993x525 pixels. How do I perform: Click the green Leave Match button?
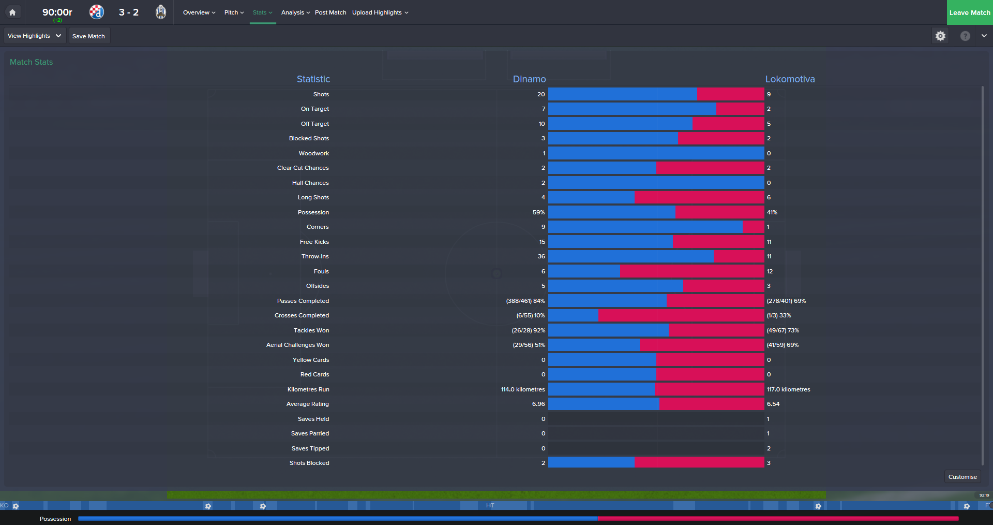point(969,12)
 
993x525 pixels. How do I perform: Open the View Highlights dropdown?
point(35,36)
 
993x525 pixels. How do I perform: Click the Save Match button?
point(89,36)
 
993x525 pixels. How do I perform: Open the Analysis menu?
point(295,12)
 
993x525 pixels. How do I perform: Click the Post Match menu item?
point(330,12)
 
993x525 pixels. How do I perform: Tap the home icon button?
point(12,12)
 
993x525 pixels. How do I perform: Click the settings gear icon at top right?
point(940,36)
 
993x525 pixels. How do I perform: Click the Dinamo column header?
point(529,79)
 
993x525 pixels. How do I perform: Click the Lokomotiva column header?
point(790,79)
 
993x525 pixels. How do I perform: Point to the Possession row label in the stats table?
point(313,212)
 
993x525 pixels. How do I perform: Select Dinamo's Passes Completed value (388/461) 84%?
point(525,301)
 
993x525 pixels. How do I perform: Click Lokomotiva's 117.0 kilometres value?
point(788,389)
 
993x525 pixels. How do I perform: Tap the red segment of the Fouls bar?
point(692,271)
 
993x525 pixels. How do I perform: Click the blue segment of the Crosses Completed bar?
point(573,315)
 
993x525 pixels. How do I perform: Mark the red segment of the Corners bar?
point(753,227)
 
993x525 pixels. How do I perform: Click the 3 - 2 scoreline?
point(129,12)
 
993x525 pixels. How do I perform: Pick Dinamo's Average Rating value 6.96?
point(538,404)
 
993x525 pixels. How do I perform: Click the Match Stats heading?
point(32,62)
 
